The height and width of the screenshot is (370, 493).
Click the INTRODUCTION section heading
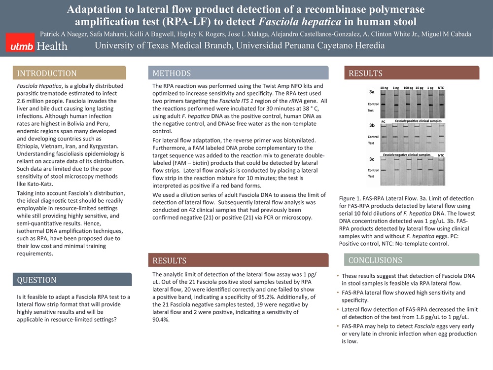pos(47,74)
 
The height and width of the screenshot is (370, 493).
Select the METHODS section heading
pos(172,74)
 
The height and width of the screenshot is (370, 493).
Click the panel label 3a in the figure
pos(372,92)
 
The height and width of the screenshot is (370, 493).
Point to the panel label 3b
pos(372,125)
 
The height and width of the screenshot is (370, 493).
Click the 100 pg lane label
pos(408,87)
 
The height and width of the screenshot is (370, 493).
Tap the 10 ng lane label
pos(384,87)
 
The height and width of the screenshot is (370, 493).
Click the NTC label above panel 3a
pos(441,87)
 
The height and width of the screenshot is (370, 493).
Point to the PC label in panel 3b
pos(383,121)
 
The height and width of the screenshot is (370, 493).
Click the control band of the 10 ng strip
pos(384,104)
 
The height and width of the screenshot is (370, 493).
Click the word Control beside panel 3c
pos(373,170)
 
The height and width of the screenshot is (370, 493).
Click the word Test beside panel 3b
pos(371,143)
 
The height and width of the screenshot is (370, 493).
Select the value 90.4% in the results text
pos(161,319)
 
